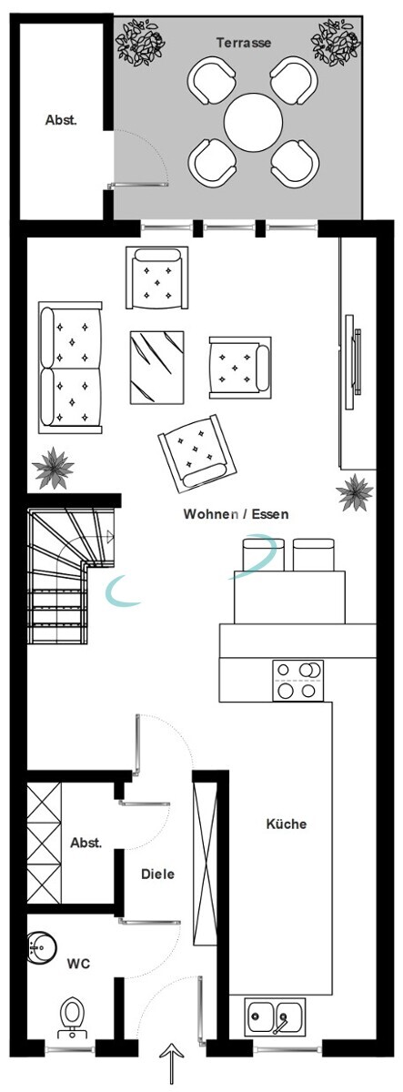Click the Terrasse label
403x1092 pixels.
[x=244, y=43]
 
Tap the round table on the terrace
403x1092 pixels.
[x=254, y=122]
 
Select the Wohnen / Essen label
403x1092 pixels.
[x=236, y=514]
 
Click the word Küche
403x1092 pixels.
[x=287, y=824]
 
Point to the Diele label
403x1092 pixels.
[x=158, y=875]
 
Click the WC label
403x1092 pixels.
[x=78, y=964]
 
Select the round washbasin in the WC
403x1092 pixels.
[x=42, y=948]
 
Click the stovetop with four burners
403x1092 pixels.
[x=297, y=681]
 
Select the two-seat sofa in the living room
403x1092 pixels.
[x=71, y=368]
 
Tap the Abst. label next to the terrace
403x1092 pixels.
[x=61, y=120]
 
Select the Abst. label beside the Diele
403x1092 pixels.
[x=86, y=843]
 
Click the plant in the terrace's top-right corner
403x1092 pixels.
[x=337, y=43]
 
